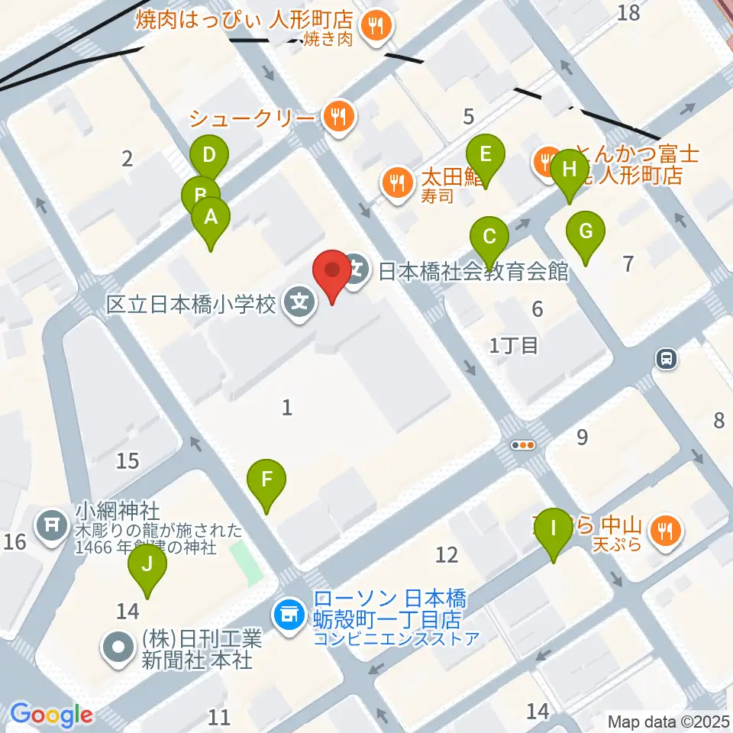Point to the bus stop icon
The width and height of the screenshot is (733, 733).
click(667, 359)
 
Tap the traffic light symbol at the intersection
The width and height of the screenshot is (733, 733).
click(525, 444)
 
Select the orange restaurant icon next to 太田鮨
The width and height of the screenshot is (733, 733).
click(396, 182)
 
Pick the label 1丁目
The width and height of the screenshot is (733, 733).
click(514, 345)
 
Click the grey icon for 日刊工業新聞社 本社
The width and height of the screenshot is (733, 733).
click(118, 648)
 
